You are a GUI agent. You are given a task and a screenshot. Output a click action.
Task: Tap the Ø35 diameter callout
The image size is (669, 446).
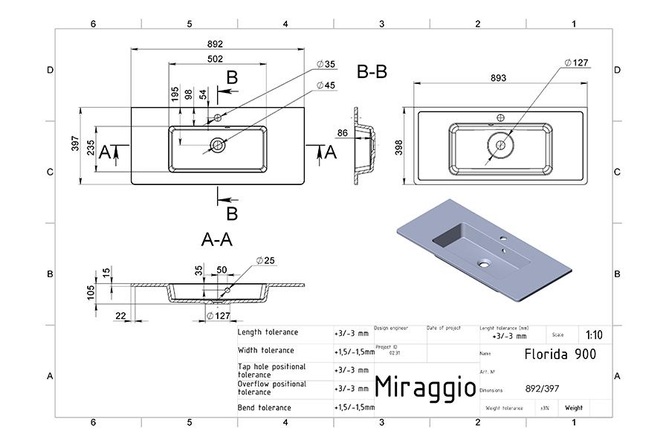point(326,65)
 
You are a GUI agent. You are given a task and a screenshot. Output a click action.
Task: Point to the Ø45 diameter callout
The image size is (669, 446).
point(326,85)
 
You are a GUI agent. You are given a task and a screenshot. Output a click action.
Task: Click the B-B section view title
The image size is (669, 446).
point(372,72)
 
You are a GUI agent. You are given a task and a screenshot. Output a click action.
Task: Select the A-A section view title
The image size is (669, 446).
point(217,239)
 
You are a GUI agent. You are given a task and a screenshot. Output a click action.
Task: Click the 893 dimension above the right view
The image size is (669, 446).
point(500,77)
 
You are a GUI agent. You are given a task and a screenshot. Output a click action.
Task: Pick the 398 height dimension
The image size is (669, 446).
point(399,146)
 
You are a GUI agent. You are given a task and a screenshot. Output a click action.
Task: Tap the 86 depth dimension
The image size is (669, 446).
point(343,133)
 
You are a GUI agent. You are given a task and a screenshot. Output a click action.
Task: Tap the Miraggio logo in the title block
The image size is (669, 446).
point(424,387)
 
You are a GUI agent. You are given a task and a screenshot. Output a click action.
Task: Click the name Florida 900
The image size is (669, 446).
point(559,354)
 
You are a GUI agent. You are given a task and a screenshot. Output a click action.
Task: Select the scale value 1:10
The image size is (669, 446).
point(595,335)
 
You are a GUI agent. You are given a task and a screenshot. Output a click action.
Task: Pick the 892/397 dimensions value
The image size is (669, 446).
point(543,389)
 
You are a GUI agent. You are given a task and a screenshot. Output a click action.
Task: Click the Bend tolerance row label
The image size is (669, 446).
point(265,407)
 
